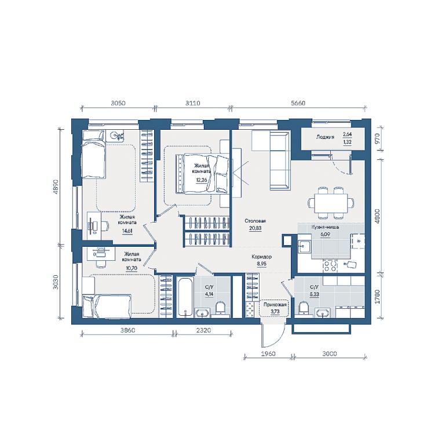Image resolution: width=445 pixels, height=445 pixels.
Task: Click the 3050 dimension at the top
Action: tap(118, 103)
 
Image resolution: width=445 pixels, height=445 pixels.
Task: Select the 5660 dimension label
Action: tap(298, 103)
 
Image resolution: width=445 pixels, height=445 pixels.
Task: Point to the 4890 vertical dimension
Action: tap(56, 187)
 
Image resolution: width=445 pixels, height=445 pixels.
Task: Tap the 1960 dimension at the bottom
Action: tap(268, 353)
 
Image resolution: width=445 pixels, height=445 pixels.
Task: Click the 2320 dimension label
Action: tap(203, 330)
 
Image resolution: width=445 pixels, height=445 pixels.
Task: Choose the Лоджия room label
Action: tap(325, 137)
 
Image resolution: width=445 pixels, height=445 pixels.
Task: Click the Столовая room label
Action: tap(255, 221)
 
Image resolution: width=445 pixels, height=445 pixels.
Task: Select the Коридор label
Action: tap(261, 257)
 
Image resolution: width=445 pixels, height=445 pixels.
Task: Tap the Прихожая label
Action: tap(275, 305)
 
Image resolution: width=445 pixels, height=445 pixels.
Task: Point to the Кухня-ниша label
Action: tap(325, 227)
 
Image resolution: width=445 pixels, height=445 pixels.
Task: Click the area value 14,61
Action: tap(127, 231)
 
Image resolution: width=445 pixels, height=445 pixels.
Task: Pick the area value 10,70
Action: tap(132, 268)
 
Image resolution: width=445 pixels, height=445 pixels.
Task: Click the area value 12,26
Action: tap(202, 180)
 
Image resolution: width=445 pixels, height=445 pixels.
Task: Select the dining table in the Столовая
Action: tap(331, 203)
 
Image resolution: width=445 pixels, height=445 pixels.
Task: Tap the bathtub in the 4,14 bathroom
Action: tap(185, 297)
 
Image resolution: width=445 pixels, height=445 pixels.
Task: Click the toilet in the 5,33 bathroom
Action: tap(304, 308)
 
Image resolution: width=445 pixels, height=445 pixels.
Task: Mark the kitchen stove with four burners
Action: tap(330, 266)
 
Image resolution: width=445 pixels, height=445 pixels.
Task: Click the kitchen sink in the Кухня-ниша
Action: tap(304, 246)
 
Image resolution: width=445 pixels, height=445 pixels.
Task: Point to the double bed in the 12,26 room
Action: tap(202, 174)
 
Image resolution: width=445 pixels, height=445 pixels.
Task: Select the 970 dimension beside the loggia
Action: tap(377, 138)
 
